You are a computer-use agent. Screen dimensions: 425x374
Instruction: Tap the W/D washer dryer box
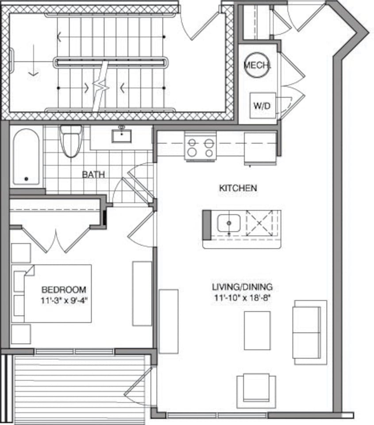coord(262,105)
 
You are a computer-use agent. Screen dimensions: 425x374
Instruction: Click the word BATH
coord(93,174)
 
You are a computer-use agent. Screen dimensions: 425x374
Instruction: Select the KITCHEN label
coord(238,188)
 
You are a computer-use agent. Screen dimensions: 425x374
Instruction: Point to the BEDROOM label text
coord(64,290)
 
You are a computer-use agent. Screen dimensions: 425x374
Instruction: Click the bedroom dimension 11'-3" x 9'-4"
coord(64,299)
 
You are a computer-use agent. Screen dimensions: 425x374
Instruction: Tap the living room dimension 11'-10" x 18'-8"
coord(242,297)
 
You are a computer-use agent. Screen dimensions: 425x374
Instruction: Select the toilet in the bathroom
coord(71,140)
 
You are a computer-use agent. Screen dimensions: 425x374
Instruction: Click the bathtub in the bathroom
coord(26,157)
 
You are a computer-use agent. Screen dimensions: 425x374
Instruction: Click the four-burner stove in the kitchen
coord(200,147)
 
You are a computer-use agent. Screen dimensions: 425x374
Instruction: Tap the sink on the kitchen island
coord(228,223)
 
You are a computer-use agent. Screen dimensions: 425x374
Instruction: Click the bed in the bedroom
coord(58,293)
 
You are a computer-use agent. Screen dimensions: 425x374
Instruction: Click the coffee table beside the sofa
coord(257,330)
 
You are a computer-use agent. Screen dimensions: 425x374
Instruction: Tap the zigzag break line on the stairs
coord(102,86)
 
